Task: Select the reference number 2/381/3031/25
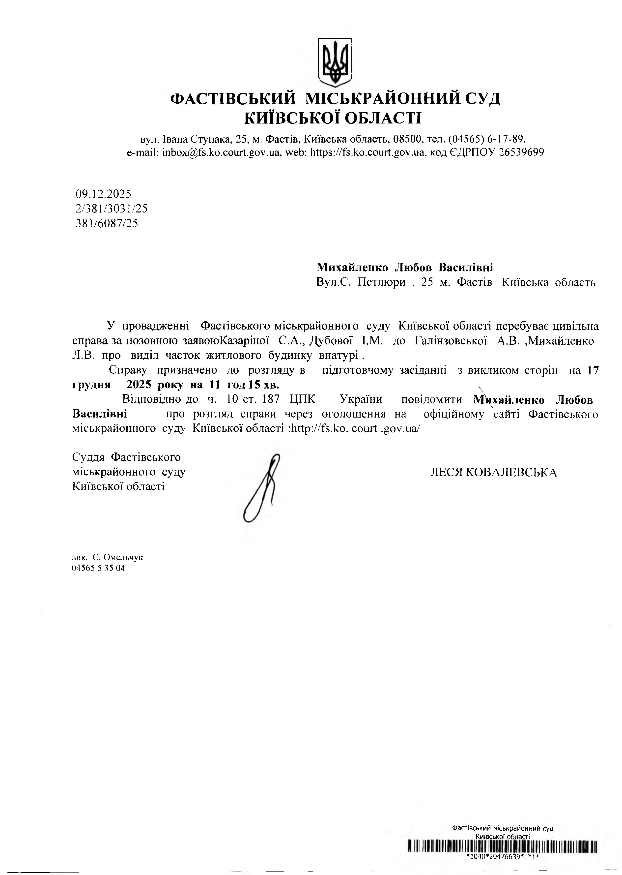pyautogui.click(x=112, y=209)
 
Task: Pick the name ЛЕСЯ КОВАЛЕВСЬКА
pyautogui.click(x=493, y=472)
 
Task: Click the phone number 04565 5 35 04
pyautogui.click(x=98, y=568)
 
